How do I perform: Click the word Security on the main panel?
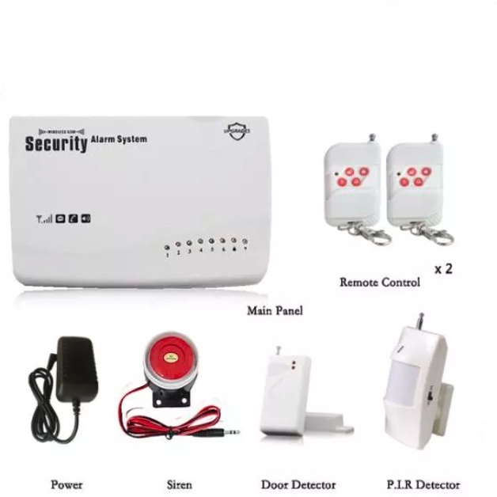click(55, 144)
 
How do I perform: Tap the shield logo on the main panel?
click(237, 131)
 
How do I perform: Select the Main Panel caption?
click(275, 311)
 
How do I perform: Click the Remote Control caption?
click(380, 282)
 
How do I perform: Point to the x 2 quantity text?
click(443, 268)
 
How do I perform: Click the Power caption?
click(66, 484)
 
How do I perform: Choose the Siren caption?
click(179, 484)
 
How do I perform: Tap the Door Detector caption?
click(298, 484)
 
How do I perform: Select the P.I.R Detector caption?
click(423, 484)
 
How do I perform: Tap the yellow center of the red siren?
click(170, 358)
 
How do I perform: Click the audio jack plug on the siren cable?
click(230, 432)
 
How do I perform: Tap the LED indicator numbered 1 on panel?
click(167, 248)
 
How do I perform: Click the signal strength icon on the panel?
click(44, 218)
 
